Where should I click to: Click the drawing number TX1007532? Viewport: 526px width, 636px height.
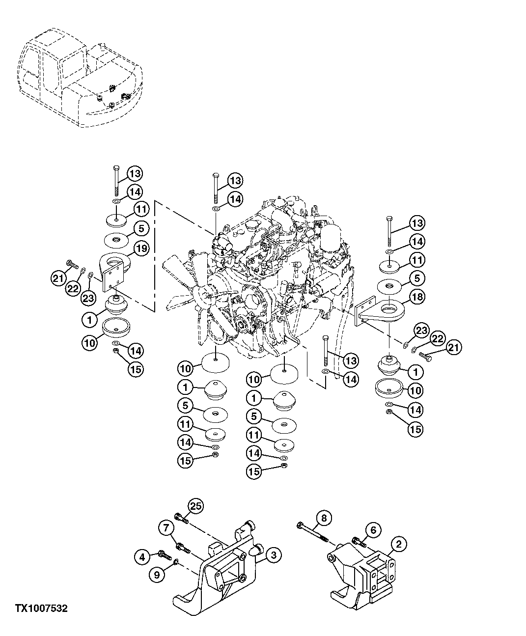41,608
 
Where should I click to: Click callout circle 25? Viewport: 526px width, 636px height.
196,507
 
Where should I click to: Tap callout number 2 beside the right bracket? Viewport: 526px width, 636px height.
398,544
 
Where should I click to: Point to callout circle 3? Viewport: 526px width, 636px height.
273,556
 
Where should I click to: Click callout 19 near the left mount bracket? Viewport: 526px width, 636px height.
140,249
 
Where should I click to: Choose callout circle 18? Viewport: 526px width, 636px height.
416,297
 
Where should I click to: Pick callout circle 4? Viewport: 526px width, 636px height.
142,556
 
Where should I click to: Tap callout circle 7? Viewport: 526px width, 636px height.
166,528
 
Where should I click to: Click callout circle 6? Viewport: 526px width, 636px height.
373,530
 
